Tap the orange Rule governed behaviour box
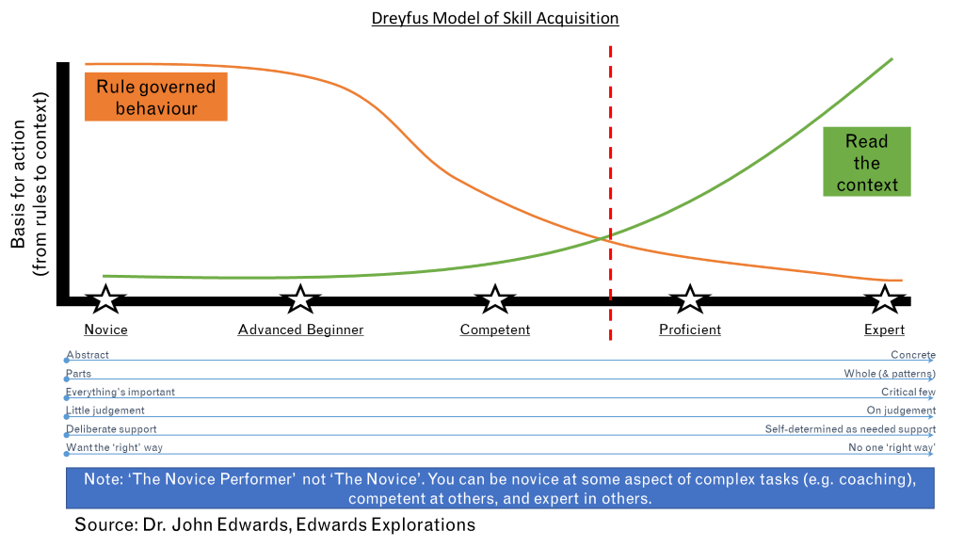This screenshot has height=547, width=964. coord(156,98)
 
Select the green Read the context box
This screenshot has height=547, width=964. coord(866,163)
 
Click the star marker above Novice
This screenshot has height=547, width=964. coord(106,300)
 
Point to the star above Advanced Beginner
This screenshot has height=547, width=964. coord(300,300)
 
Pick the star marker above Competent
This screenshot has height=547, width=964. coord(495,300)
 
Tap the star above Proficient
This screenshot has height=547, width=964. coord(690,300)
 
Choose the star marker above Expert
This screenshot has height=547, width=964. coord(884,300)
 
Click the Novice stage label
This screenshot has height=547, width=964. coord(105,330)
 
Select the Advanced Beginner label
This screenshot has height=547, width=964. coord(300,330)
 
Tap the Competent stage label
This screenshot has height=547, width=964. coord(495,330)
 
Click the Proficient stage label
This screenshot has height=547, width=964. coord(689,330)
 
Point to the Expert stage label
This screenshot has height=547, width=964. coord(884,330)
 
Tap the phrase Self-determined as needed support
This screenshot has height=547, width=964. coord(850,428)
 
